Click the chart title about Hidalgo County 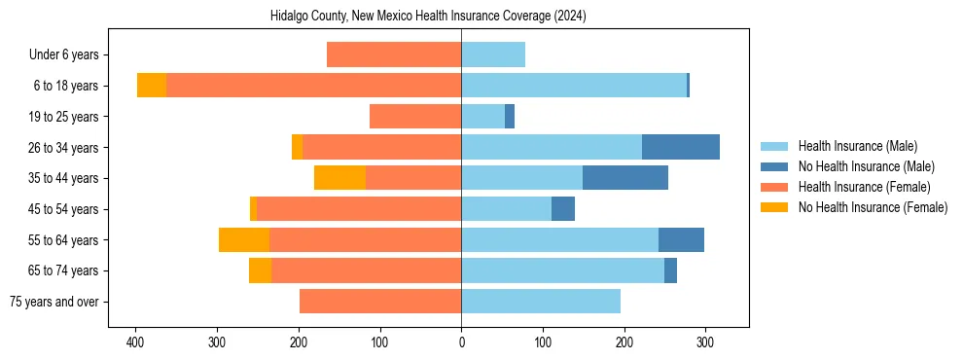pyautogui.click(x=428, y=16)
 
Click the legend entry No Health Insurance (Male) pyautogui.click(x=866, y=166)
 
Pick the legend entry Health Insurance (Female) pyautogui.click(x=864, y=187)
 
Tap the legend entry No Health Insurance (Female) pyautogui.click(x=873, y=207)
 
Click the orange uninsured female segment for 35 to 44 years pyautogui.click(x=339, y=178)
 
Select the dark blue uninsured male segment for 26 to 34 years pyautogui.click(x=681, y=147)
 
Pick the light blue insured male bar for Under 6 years pyautogui.click(x=493, y=55)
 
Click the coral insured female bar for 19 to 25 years pyautogui.click(x=415, y=117)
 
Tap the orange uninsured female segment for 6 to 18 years pyautogui.click(x=152, y=86)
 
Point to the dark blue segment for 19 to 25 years pyautogui.click(x=510, y=117)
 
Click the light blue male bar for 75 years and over pyautogui.click(x=541, y=302)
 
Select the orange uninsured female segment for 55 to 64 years pyautogui.click(x=244, y=239)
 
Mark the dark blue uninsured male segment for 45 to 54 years pyautogui.click(x=563, y=209)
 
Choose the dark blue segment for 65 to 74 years pyautogui.click(x=670, y=270)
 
